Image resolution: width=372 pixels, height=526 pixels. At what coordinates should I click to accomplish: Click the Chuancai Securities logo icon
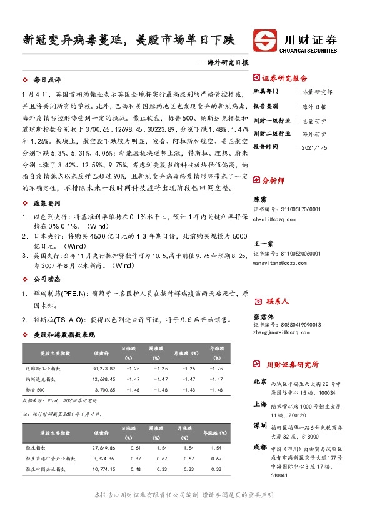(x=263, y=41)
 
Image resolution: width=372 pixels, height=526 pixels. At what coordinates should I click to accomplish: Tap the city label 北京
(x=260, y=381)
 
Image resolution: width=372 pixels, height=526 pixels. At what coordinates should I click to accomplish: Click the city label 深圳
(x=260, y=425)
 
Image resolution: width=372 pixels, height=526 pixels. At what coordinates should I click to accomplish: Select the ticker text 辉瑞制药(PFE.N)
(x=55, y=293)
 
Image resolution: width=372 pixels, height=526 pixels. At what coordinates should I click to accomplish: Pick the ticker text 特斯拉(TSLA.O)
(x=53, y=319)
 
